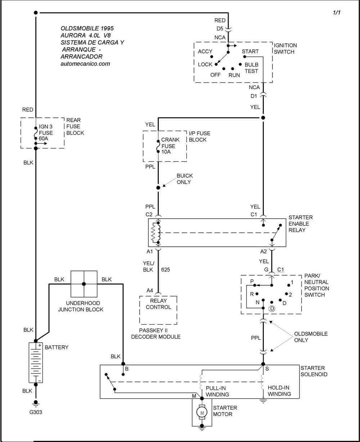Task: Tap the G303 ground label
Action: tap(36, 412)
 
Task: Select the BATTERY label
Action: tap(57, 348)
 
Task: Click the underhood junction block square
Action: tap(84, 284)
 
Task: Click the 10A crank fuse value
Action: tap(166, 152)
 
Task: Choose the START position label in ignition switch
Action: tap(250, 52)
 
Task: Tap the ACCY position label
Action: tap(205, 52)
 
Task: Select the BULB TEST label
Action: tap(251, 68)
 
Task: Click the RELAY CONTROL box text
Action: tap(158, 304)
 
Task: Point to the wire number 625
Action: tap(166, 269)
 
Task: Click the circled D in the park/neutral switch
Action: tap(272, 309)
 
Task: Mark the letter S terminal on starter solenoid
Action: tap(267, 369)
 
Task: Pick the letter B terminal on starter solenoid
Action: tap(127, 369)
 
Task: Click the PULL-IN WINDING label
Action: tap(217, 391)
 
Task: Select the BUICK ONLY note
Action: tap(185, 179)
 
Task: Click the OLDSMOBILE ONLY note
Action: tap(306, 337)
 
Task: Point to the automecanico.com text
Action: tap(85, 64)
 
